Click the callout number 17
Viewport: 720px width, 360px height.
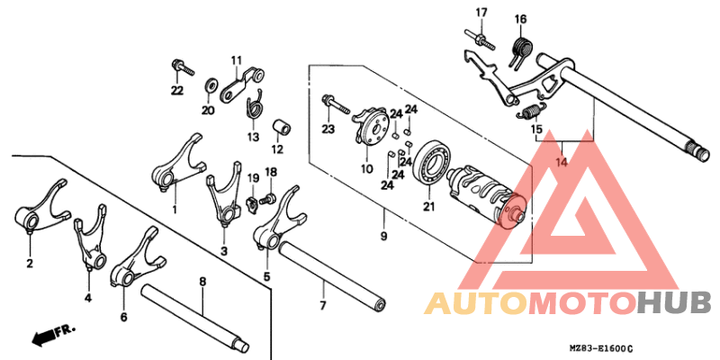point(481,13)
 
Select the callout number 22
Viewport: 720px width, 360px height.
point(177,91)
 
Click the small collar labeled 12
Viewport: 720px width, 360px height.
point(282,127)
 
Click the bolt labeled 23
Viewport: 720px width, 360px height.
point(336,105)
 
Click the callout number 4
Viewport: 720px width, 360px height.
point(87,299)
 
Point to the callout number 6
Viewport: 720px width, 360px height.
point(124,317)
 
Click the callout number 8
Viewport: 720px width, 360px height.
point(202,282)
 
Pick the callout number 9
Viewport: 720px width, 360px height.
point(384,237)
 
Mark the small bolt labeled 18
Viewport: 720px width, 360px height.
point(268,199)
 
